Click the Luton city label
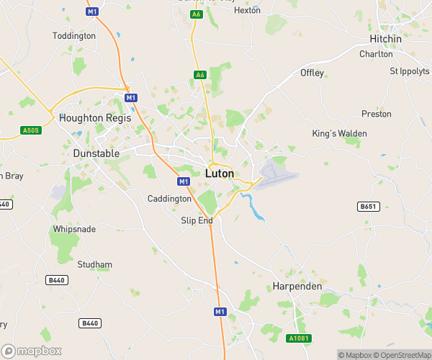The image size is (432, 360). pos(220,174)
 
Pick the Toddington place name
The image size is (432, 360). pos(74,35)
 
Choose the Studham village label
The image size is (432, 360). pos(94,264)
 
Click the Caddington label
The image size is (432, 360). pos(169,199)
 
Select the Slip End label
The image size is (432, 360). pos(197,220)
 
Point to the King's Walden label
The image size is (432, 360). pos(339,134)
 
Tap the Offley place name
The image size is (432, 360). pos(312,73)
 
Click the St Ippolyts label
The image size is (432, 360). pos(409,71)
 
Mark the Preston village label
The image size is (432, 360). pos(377,114)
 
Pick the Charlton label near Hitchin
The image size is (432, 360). pos(377,54)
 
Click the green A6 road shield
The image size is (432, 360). pos(200,74)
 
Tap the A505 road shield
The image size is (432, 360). pos(30,130)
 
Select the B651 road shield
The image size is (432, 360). pos(368,207)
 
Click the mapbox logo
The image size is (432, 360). pos(30,349)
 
